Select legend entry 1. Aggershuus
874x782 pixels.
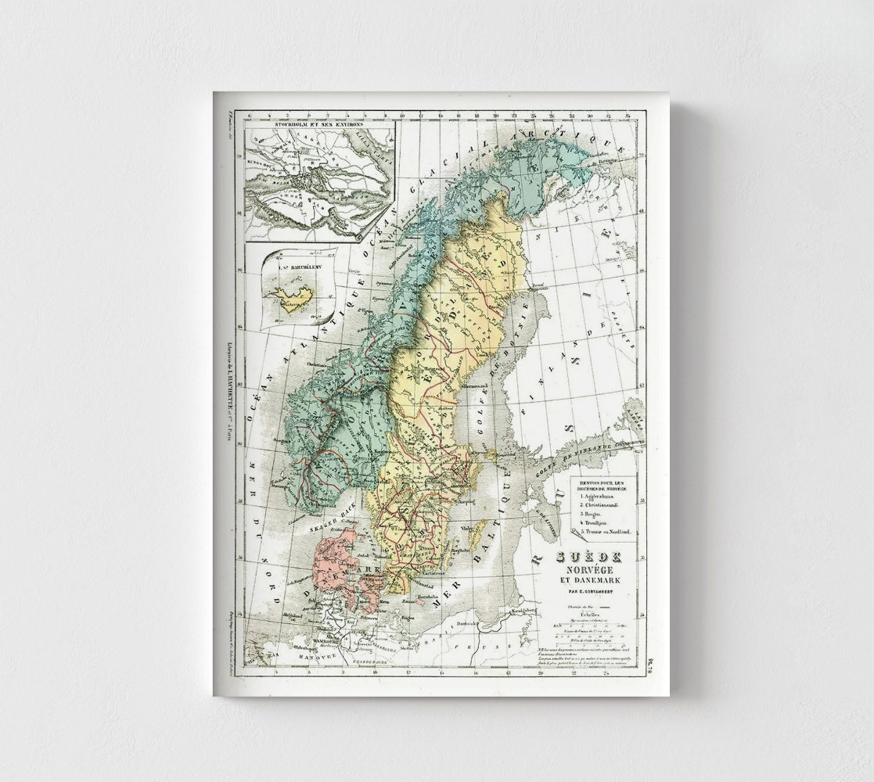(x=601, y=496)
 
